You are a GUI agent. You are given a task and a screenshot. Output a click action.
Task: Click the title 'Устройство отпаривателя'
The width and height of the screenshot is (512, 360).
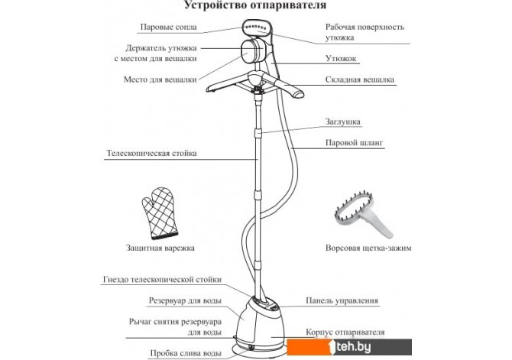(255, 5)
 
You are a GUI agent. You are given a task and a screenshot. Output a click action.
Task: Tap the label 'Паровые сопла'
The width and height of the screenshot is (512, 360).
(168, 27)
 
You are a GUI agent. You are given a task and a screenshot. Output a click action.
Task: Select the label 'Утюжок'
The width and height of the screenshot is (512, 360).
(341, 59)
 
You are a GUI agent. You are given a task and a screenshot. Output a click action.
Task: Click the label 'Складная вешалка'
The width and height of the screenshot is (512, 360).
(359, 79)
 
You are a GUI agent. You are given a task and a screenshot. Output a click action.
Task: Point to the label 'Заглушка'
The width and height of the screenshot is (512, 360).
(342, 122)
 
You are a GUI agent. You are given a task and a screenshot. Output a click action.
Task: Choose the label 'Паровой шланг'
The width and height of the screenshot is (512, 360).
(354, 143)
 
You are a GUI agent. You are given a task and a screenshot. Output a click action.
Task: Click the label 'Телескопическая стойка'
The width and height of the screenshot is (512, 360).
(151, 153)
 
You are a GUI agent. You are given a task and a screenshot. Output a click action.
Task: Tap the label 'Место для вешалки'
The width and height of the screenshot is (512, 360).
(160, 79)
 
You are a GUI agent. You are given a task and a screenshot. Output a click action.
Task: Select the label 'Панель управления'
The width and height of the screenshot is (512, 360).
(342, 300)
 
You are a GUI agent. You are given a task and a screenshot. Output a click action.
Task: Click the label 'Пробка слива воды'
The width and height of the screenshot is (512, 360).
(186, 353)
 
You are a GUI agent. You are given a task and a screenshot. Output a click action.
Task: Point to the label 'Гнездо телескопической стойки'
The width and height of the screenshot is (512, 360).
(162, 280)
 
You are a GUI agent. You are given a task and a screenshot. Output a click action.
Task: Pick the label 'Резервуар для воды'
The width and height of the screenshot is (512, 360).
(185, 300)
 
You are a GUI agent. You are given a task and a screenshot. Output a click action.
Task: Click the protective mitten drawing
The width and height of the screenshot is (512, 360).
(160, 212)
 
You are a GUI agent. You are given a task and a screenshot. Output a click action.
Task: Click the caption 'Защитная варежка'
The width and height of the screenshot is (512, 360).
(160, 248)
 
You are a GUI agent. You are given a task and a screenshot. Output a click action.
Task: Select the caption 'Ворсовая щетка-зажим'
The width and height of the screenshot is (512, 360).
(368, 248)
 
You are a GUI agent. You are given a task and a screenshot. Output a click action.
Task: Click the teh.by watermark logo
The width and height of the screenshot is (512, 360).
(349, 347)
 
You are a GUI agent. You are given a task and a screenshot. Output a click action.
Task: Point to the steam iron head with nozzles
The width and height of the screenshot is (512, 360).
(258, 28)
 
